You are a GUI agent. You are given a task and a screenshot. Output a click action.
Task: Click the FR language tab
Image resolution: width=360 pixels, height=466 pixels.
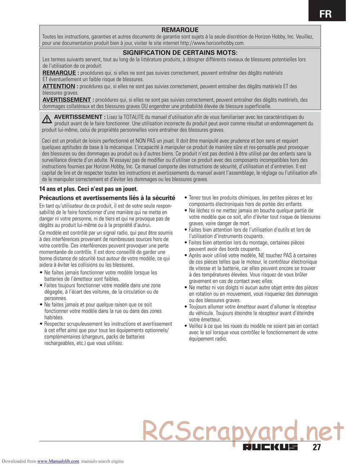326,14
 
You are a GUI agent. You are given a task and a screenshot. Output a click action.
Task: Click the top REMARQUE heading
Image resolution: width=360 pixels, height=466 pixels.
180,30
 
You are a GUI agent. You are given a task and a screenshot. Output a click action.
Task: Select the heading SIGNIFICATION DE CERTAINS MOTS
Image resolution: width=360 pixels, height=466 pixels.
180,53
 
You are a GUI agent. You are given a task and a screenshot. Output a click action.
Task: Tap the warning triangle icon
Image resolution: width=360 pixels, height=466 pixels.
46,119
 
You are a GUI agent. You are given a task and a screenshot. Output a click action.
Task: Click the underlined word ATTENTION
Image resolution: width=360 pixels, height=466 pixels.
59,86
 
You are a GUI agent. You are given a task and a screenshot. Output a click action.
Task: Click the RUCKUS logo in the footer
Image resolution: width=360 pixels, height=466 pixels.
270,447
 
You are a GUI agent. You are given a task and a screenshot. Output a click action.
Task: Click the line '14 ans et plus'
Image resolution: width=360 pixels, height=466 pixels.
88,189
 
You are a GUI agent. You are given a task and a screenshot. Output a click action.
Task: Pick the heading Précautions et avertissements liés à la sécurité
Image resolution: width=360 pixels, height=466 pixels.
107,198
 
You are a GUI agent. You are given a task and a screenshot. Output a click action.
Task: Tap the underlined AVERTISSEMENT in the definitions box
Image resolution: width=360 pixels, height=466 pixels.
67,100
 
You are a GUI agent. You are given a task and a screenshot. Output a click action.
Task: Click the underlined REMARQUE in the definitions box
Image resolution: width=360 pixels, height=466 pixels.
59,73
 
